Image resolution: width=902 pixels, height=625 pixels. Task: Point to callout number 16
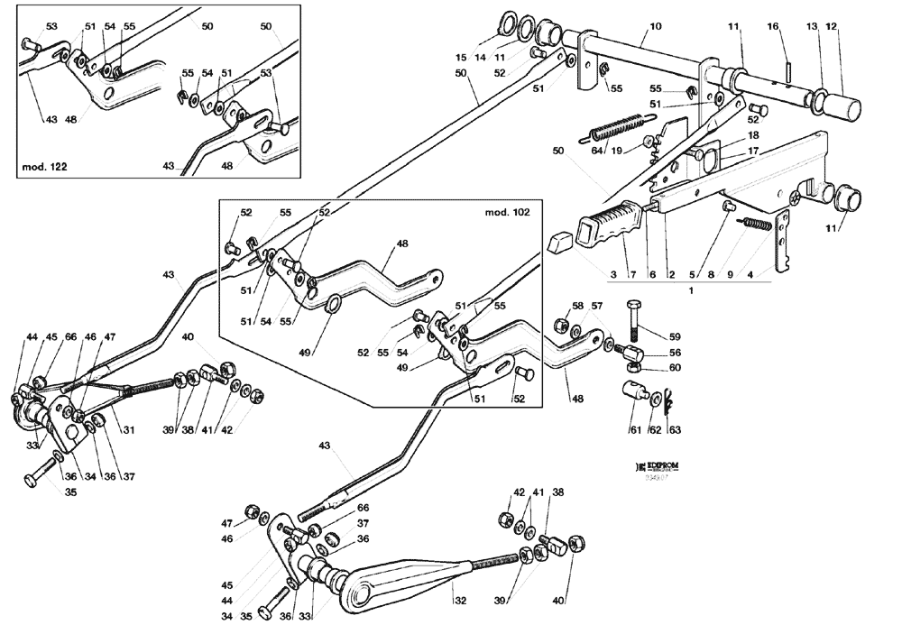coord(772,28)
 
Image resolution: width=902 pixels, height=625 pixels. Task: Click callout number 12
coord(832,28)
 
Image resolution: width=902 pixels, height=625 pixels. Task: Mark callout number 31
coord(128,429)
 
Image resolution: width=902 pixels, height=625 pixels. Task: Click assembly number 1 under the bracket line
coord(690,290)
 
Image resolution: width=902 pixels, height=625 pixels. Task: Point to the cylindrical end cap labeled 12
coord(843,106)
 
